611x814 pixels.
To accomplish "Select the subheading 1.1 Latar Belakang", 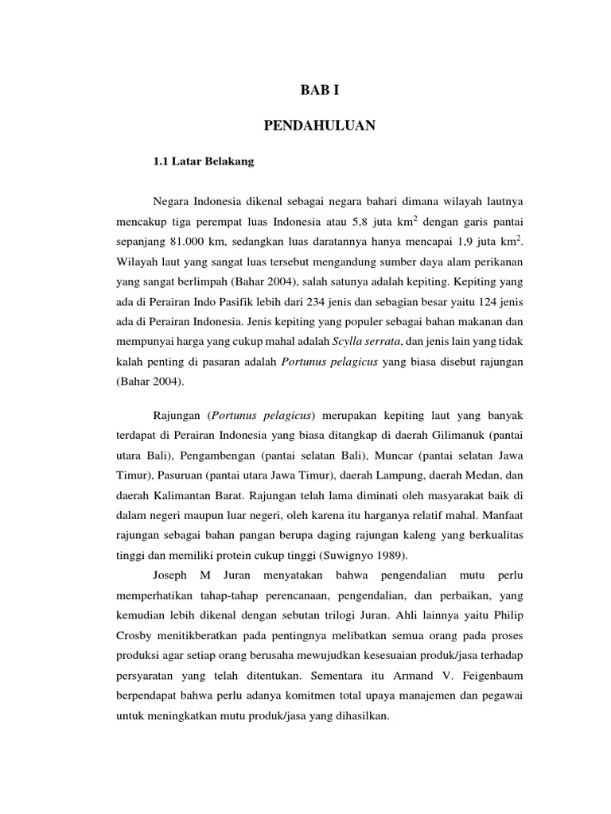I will (x=203, y=161).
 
